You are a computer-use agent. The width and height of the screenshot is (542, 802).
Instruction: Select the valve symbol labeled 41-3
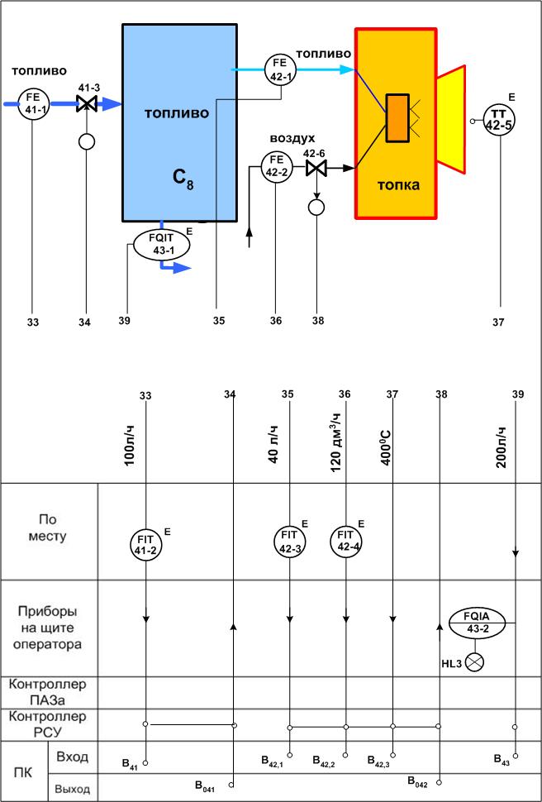coord(86,104)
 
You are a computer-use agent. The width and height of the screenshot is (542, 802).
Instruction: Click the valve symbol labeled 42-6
coord(315,168)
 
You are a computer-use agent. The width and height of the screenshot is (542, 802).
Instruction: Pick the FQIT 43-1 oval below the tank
coord(162,245)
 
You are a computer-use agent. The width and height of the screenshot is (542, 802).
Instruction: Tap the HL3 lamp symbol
coord(475,661)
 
